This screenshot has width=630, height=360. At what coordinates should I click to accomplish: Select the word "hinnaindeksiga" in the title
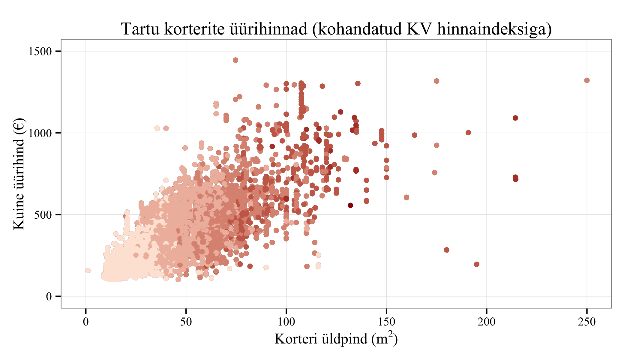click(x=494, y=29)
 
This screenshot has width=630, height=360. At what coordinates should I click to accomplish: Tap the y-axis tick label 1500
click(x=40, y=51)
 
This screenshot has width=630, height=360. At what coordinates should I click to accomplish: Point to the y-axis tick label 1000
click(x=40, y=133)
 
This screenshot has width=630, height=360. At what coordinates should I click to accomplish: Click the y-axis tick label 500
click(x=43, y=215)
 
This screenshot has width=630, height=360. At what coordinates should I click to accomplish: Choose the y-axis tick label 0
click(x=49, y=296)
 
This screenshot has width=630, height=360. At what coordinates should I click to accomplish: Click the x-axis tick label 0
click(x=86, y=322)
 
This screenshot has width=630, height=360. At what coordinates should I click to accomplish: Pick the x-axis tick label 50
click(x=186, y=322)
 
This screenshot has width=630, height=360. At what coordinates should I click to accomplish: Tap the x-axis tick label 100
click(x=286, y=322)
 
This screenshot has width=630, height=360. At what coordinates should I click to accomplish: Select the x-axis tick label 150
click(x=386, y=322)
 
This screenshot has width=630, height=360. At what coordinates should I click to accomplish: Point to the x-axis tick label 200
click(x=487, y=322)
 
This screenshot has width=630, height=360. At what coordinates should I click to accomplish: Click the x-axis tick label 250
click(x=587, y=322)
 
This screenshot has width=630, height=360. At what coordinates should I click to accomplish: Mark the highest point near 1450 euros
click(x=235, y=60)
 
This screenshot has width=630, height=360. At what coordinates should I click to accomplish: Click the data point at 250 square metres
click(x=587, y=80)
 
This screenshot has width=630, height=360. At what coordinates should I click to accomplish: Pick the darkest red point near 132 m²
click(x=350, y=205)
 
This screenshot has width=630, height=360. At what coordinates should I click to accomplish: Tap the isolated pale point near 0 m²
click(x=88, y=271)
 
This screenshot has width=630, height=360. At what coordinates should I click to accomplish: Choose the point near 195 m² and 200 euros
click(x=477, y=264)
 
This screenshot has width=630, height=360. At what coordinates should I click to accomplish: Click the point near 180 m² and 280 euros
click(x=447, y=250)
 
